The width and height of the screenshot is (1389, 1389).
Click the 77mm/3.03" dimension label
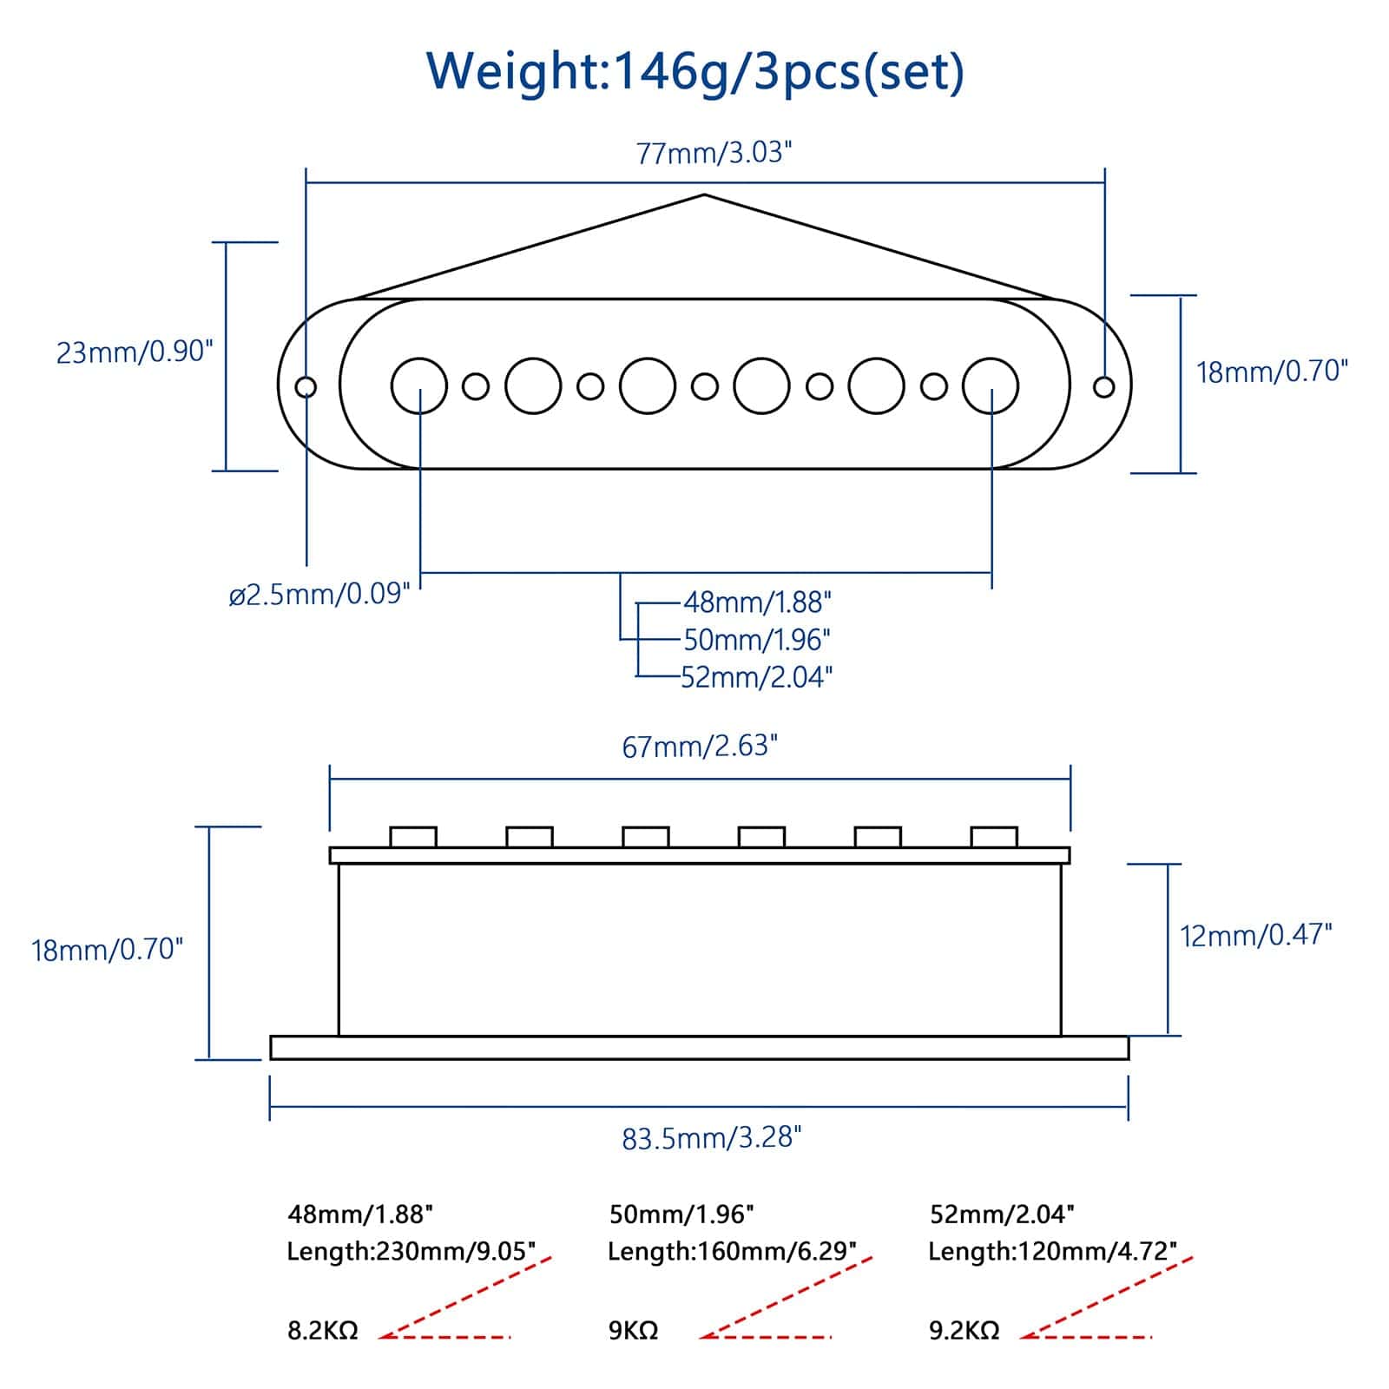tap(714, 153)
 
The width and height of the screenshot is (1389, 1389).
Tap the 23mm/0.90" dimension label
tap(135, 352)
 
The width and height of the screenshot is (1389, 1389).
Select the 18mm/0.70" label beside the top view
tap(1272, 372)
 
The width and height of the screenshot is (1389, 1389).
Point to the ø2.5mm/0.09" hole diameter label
tap(319, 595)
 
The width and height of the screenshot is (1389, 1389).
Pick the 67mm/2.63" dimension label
tap(700, 746)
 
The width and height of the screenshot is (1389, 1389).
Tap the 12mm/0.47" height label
tap(1255, 935)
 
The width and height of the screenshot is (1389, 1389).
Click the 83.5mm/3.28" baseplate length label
tap(711, 1137)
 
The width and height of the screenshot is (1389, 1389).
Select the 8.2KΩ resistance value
tap(322, 1330)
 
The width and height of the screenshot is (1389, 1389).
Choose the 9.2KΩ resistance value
tap(964, 1330)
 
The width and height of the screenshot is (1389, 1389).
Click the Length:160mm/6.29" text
tap(732, 1251)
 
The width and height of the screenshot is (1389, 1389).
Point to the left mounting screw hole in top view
tap(306, 386)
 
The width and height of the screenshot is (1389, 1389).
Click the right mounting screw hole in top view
tap(1103, 386)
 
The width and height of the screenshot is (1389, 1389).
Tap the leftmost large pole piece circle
tap(419, 385)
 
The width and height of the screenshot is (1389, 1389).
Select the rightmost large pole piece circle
tap(991, 385)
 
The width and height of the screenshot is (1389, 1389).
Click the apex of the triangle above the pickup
tap(704, 195)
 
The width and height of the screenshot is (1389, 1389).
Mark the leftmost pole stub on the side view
tap(413, 837)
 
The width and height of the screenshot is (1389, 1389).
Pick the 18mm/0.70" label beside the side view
tap(108, 949)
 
